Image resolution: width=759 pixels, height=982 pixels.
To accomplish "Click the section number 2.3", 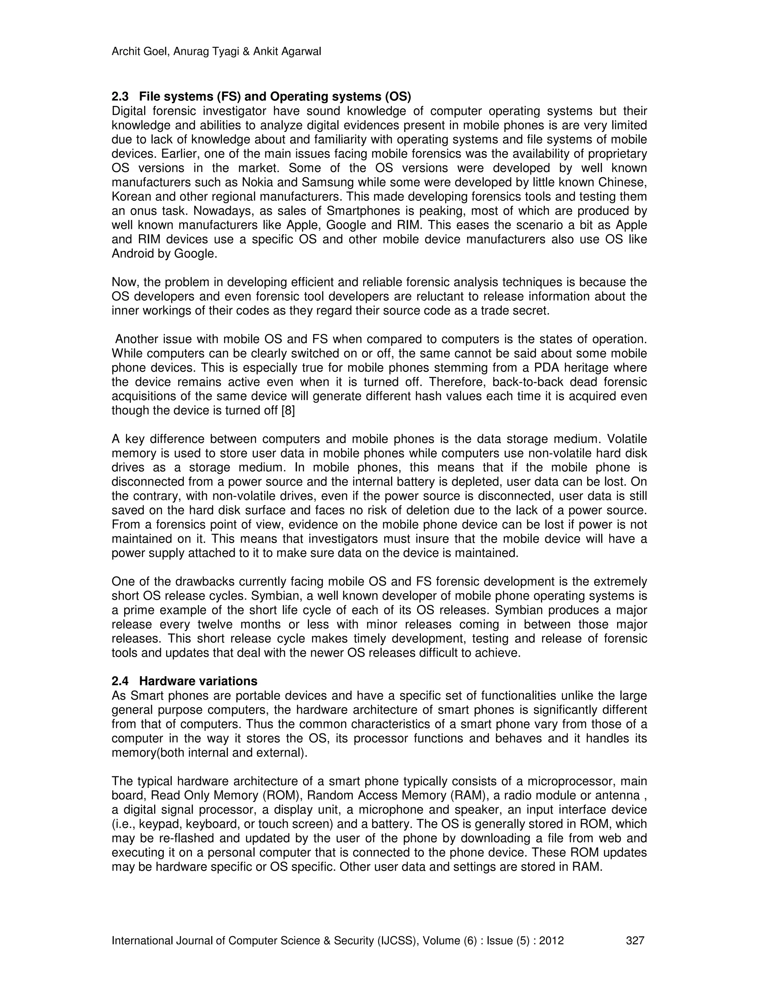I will click(120, 97).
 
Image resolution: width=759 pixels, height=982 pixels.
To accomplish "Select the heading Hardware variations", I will click(198, 681).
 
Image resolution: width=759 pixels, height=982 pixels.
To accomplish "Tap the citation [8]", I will click(288, 411).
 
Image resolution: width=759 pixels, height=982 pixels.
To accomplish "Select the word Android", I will click(131, 254).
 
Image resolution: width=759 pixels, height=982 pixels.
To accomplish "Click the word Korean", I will click(131, 197).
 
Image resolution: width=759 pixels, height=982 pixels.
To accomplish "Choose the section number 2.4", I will click(120, 681).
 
